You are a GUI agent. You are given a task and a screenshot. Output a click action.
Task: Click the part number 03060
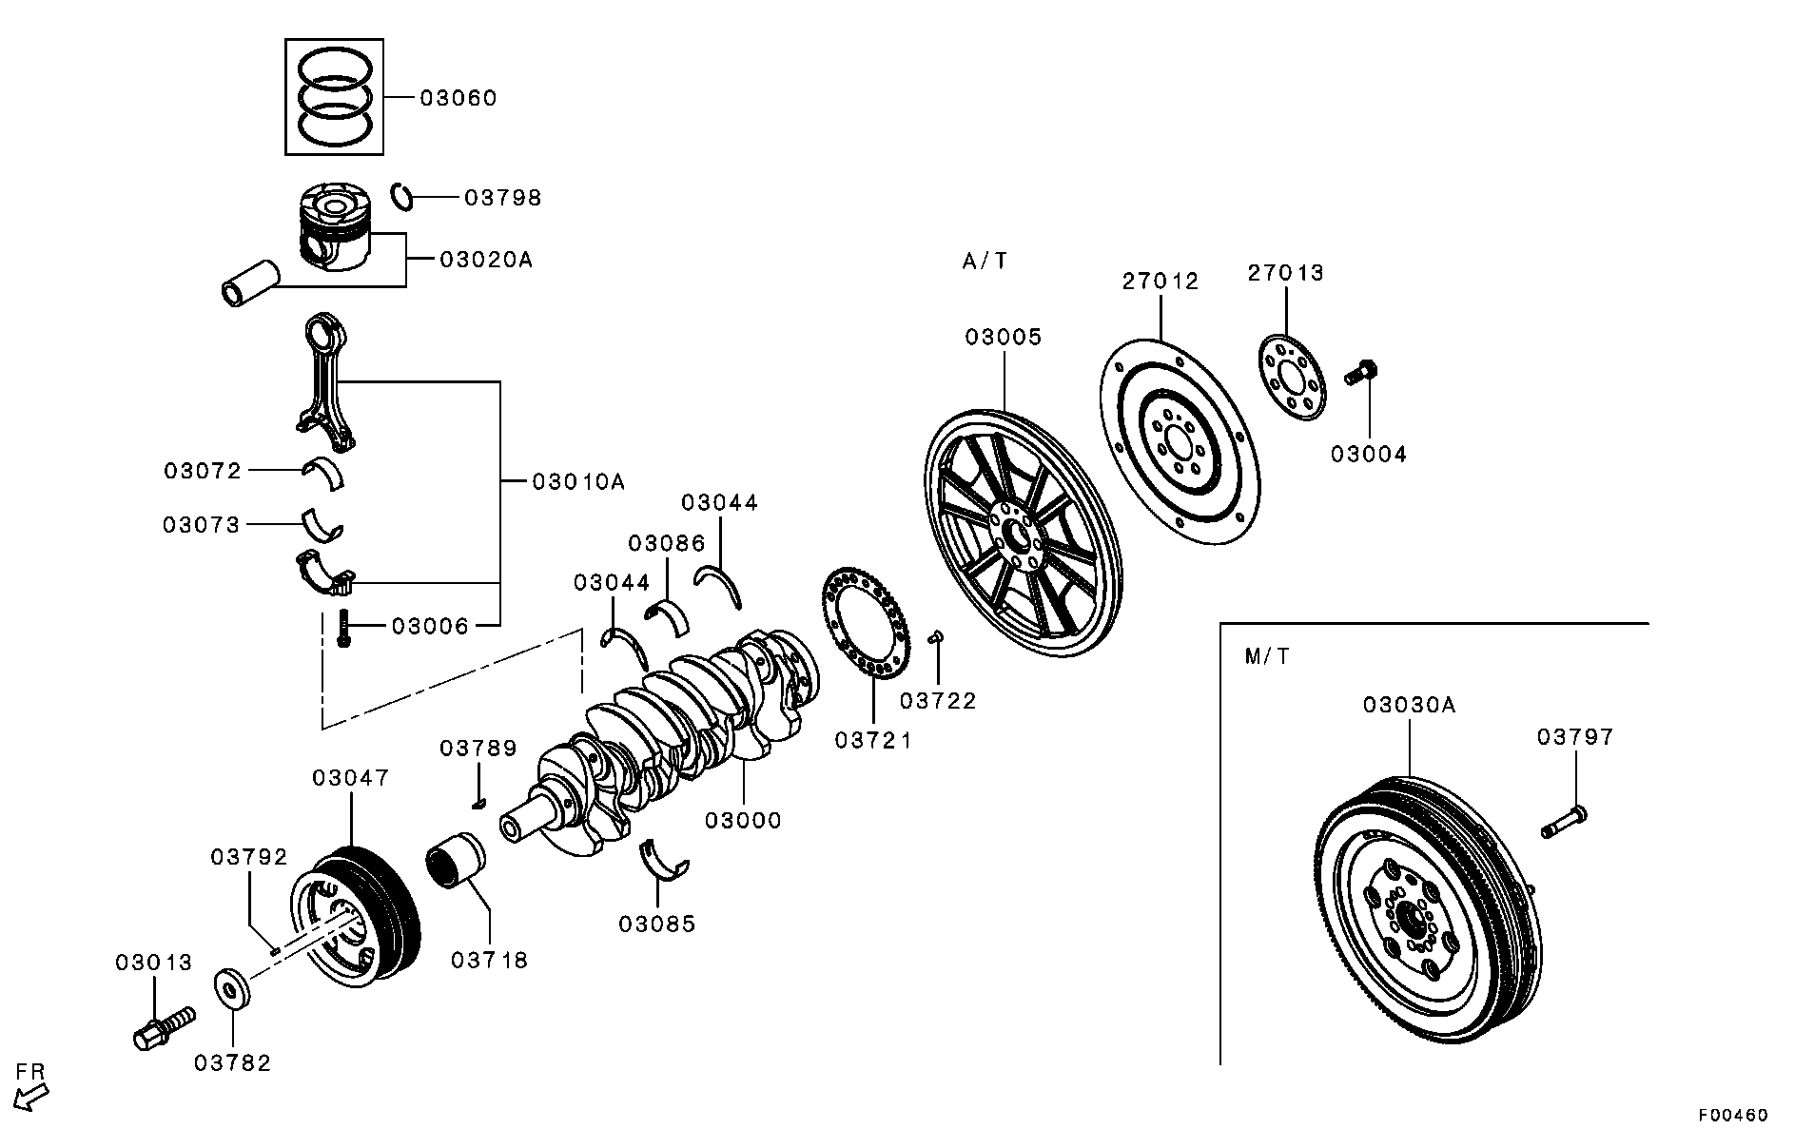click(458, 98)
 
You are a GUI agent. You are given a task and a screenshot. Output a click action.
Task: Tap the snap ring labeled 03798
click(402, 196)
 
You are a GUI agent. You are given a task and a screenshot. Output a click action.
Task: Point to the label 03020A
click(486, 259)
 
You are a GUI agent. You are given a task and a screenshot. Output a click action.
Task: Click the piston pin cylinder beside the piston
click(249, 283)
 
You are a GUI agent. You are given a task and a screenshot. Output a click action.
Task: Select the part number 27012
click(1161, 282)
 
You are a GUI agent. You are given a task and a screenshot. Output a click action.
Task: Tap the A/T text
click(985, 261)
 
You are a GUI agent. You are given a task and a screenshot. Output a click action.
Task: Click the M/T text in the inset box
click(1267, 656)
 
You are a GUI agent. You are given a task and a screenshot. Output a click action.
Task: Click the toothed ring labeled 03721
click(866, 623)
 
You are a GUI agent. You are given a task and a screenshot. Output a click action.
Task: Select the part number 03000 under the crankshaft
click(743, 820)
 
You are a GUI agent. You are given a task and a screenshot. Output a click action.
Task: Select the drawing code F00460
click(1734, 1115)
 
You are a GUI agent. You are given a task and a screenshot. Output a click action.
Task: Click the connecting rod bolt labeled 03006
click(344, 629)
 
